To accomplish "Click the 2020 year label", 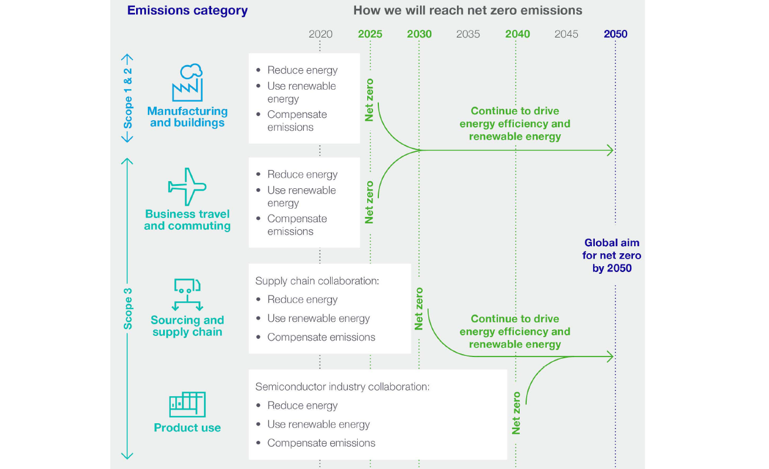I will pyautogui.click(x=320, y=34).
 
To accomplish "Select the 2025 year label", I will pyautogui.click(x=370, y=34).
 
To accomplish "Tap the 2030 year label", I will pyautogui.click(x=419, y=34).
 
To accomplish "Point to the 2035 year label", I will pyautogui.click(x=468, y=34).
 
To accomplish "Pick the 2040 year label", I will pyautogui.click(x=517, y=34).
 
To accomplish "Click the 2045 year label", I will pyautogui.click(x=566, y=34).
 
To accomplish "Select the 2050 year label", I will pyautogui.click(x=615, y=34).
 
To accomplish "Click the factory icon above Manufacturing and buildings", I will pyautogui.click(x=187, y=83).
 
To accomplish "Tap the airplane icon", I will pyautogui.click(x=187, y=187).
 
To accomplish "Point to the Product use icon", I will pyautogui.click(x=187, y=404).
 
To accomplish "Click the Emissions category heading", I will pyautogui.click(x=187, y=11).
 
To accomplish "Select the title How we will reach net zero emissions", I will pyautogui.click(x=468, y=11).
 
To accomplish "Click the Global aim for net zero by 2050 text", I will pyautogui.click(x=612, y=256).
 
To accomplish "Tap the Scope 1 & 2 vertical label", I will pyautogui.click(x=128, y=98).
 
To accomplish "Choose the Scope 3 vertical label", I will pyautogui.click(x=128, y=308).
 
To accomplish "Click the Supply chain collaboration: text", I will pyautogui.click(x=317, y=281).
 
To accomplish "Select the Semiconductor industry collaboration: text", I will pyautogui.click(x=343, y=387).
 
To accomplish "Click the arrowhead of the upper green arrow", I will pyautogui.click(x=611, y=151).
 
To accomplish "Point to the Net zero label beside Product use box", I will pyautogui.click(x=516, y=413).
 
